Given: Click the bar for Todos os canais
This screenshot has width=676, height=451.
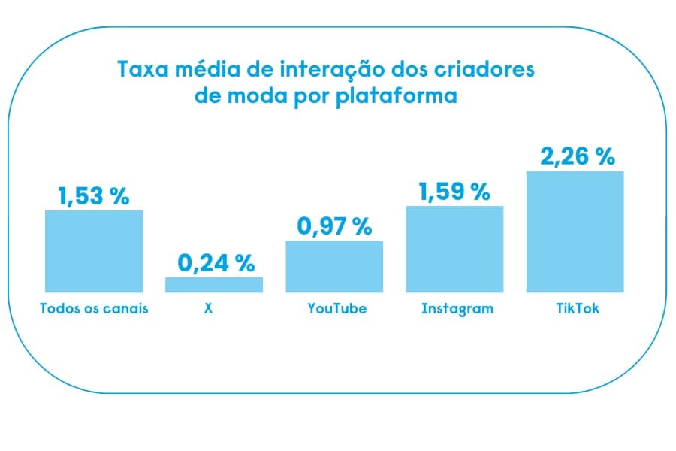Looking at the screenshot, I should tap(94, 251).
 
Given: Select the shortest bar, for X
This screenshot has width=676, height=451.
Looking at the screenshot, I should tap(214, 285).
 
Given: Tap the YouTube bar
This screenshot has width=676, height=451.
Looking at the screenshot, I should tap(334, 266).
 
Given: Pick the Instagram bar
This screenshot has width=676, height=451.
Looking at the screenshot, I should tap(454, 249).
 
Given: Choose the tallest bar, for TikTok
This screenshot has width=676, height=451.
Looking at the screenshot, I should tap(575, 232).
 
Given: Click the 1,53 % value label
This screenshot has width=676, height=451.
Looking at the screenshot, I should tap(94, 197).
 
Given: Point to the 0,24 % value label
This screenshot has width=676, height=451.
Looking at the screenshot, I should tap(216, 263).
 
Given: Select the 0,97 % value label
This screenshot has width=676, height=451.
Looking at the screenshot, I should tap(334, 227).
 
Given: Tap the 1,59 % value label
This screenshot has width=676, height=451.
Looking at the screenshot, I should tap(454, 192).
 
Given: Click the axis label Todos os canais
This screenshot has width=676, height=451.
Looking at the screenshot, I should tap(94, 309).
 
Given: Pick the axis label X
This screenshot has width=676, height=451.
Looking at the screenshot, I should tap(208, 309).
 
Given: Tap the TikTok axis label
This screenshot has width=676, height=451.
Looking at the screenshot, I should tap(575, 309).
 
